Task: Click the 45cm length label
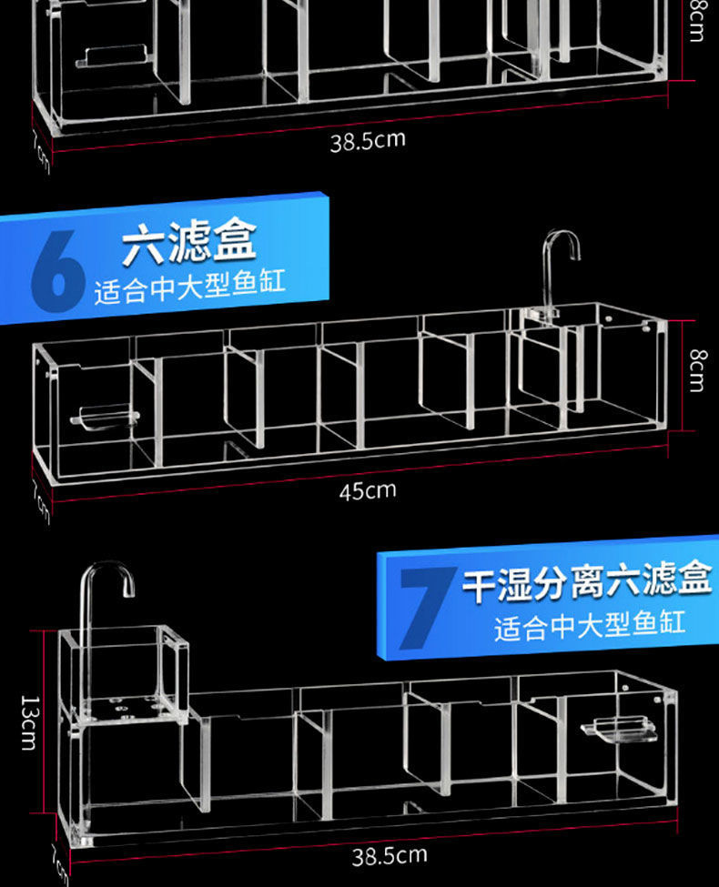click(368, 491)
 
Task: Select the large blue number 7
click(424, 606)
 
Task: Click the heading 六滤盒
click(189, 242)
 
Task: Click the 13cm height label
click(28, 722)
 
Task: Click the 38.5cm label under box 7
click(390, 856)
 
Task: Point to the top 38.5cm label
click(368, 141)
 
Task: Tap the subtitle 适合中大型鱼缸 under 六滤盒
click(189, 284)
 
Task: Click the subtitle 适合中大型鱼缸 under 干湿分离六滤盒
click(589, 625)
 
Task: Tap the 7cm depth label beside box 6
click(41, 500)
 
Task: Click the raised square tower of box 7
click(125, 669)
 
